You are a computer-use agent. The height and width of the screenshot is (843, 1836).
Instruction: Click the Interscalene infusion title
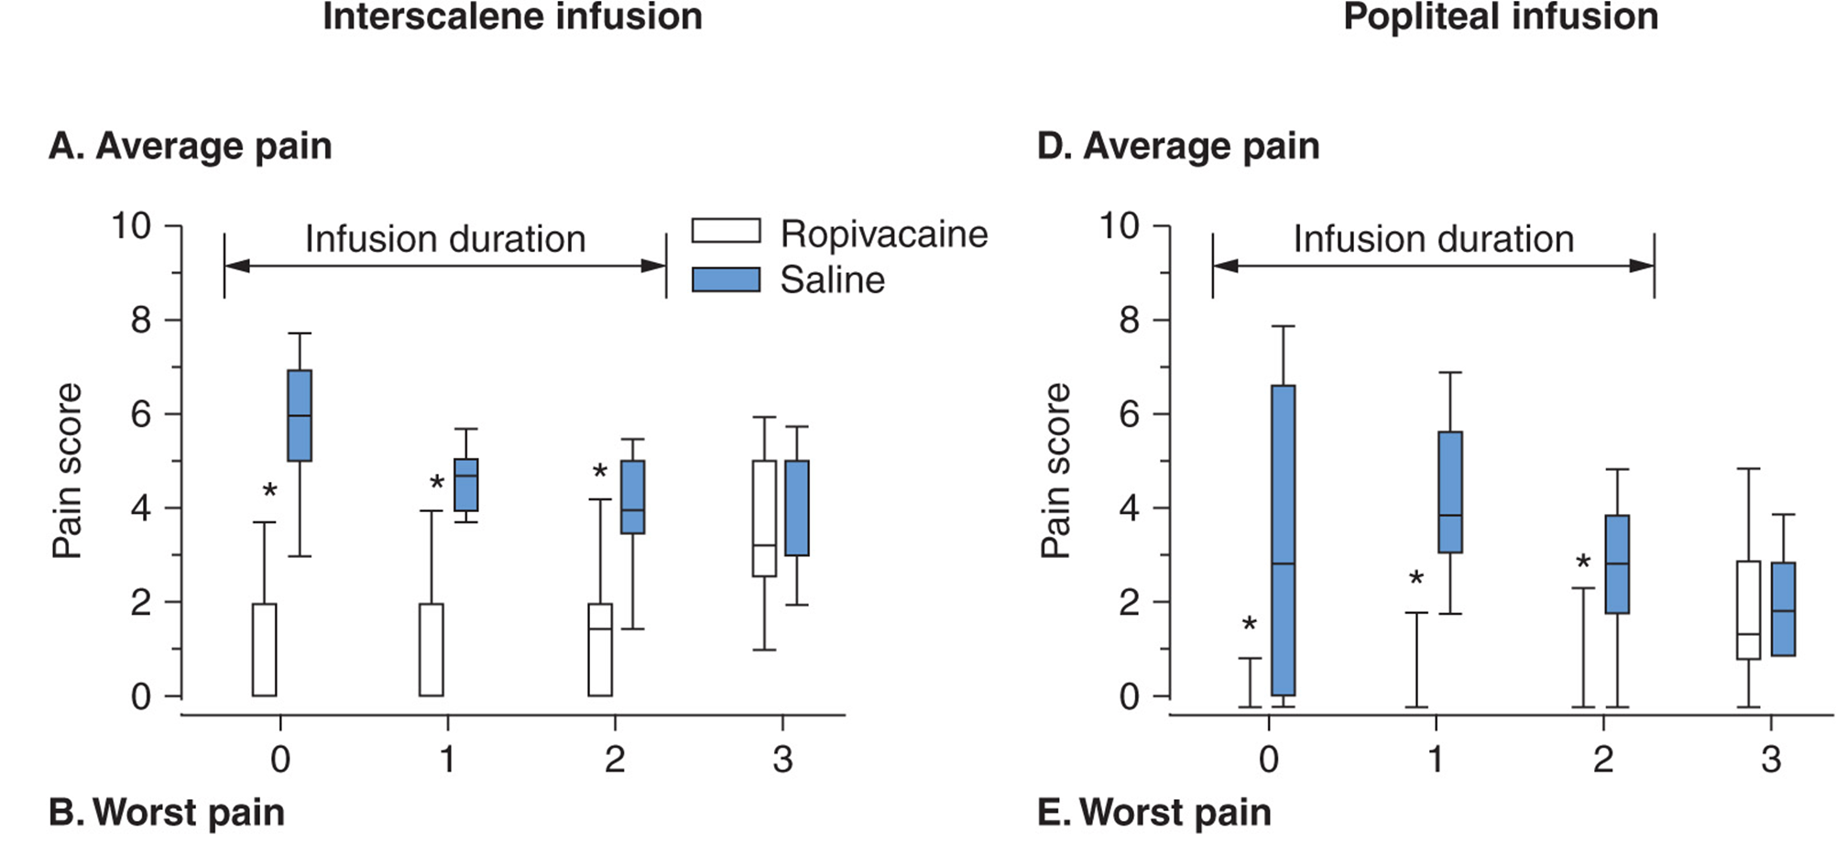click(x=512, y=16)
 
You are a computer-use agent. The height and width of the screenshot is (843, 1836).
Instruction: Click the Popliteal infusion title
click(x=1501, y=16)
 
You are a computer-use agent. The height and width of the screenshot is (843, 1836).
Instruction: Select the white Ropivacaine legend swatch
click(x=726, y=231)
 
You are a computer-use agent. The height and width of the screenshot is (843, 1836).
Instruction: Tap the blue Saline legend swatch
click(x=726, y=279)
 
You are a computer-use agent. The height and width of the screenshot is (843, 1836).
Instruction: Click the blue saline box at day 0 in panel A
click(x=300, y=415)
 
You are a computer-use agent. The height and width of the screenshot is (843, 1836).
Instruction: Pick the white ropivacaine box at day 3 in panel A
click(x=764, y=518)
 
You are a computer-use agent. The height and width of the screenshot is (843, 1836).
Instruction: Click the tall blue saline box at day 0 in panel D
click(x=1283, y=540)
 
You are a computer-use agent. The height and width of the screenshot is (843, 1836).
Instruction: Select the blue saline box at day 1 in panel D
click(x=1450, y=492)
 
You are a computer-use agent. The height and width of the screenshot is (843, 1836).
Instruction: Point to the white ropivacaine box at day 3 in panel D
click(x=1748, y=609)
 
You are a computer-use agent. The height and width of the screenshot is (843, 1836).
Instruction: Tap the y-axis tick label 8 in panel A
click(x=141, y=321)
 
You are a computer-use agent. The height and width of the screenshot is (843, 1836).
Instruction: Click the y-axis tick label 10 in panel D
click(x=1120, y=225)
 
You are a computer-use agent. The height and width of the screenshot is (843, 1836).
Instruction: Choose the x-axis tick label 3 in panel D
click(x=1770, y=760)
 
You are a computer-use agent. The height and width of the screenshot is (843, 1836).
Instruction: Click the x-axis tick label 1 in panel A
click(x=447, y=760)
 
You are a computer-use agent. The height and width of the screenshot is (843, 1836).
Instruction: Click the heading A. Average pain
click(x=191, y=147)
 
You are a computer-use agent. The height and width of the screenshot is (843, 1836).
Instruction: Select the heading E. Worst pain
click(x=1153, y=813)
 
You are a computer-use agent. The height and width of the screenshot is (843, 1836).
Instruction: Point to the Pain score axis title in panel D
click(x=1055, y=470)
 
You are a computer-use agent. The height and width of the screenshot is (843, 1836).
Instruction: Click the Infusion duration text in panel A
click(x=445, y=239)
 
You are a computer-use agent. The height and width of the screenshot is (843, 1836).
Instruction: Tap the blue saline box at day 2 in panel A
click(x=633, y=497)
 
